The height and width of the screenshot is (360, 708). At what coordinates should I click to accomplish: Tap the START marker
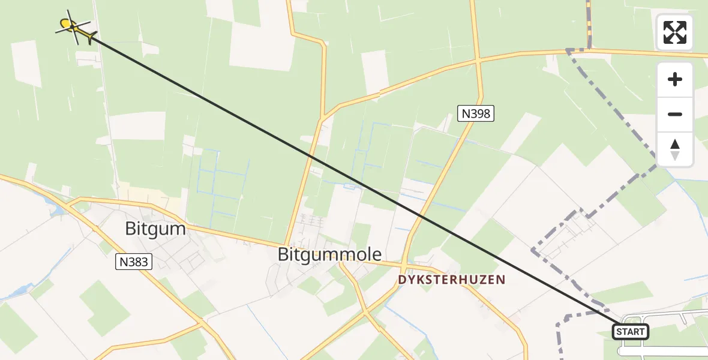(x=630, y=331)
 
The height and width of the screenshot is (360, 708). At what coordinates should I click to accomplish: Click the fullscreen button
(x=674, y=32)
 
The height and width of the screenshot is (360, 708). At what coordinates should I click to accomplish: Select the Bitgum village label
(x=155, y=229)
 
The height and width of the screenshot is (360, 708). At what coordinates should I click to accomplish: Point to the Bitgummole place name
(x=329, y=254)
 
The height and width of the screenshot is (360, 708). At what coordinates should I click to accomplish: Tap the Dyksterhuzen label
(x=452, y=280)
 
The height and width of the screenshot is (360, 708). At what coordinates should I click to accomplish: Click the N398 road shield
(x=476, y=113)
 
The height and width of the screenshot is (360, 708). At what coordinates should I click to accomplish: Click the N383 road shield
(x=134, y=262)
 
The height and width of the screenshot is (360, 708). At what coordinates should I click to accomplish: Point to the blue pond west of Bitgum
(x=58, y=209)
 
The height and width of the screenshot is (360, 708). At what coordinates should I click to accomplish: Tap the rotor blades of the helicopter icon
(x=70, y=25)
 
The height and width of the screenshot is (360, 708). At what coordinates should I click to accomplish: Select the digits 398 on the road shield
(x=481, y=113)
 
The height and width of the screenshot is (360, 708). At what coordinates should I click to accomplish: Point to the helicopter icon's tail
(x=91, y=37)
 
